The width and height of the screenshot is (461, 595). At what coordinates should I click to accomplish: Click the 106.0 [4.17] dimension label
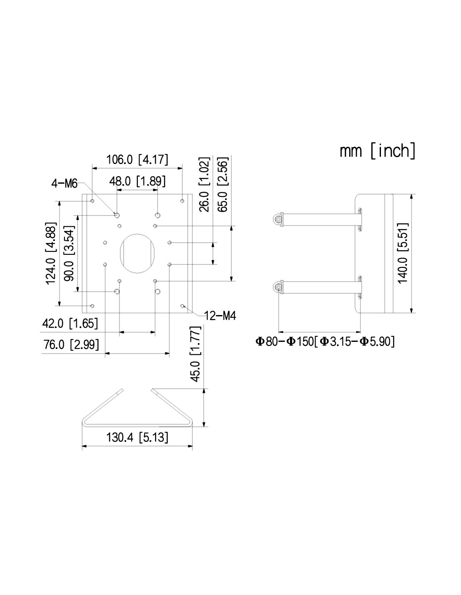137,159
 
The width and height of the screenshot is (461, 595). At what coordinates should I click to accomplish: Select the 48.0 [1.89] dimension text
137,181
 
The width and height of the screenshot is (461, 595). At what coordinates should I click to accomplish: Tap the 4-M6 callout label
65,183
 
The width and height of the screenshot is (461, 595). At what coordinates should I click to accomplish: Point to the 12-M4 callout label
220,315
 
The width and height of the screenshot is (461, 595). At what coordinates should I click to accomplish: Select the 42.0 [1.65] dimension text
70,323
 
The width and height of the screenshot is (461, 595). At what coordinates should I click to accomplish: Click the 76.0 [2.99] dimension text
71,344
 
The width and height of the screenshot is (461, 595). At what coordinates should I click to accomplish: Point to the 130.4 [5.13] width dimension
137,438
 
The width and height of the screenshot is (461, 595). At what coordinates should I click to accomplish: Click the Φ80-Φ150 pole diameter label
325,341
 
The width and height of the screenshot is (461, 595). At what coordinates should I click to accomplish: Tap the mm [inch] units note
378,151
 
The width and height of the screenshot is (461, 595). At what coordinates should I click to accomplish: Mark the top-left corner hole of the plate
92,201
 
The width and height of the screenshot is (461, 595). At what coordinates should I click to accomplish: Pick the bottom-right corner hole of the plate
182,306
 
